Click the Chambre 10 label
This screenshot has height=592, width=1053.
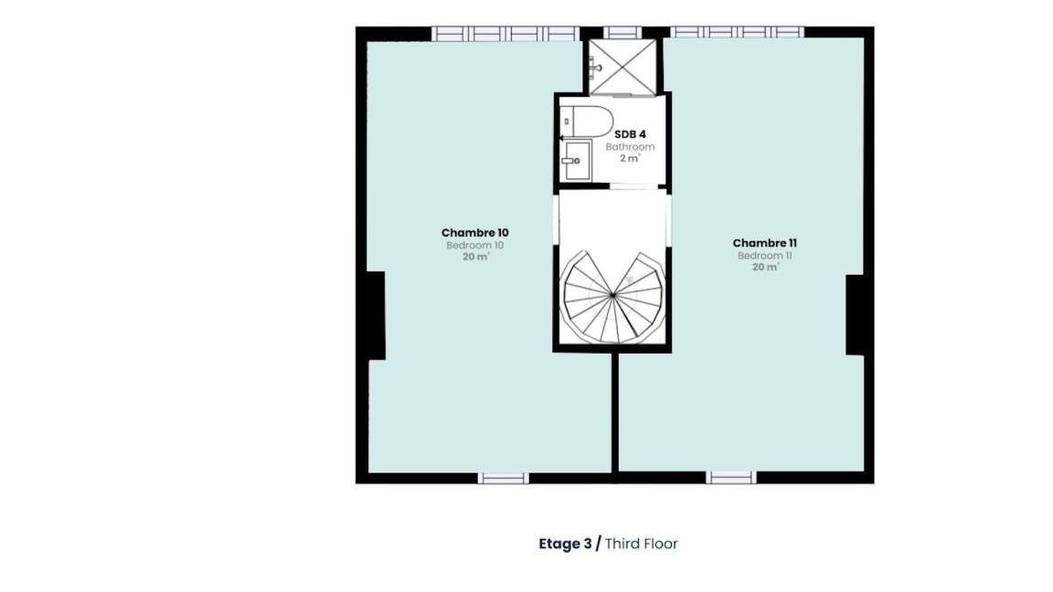[x=474, y=233]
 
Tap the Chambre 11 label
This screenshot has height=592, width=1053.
[x=764, y=243]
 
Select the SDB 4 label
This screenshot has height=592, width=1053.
[x=630, y=134]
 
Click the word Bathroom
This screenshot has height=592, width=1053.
[x=630, y=147]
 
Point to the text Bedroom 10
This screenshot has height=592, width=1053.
[x=474, y=246]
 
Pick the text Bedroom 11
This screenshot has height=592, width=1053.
[x=764, y=256]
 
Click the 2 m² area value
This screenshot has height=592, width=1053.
[x=630, y=158]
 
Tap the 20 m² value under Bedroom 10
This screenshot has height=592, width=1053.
[x=475, y=257]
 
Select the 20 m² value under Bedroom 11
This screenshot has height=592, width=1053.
[x=765, y=267]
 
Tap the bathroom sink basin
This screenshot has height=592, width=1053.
[x=576, y=161]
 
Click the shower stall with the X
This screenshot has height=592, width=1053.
[x=622, y=67]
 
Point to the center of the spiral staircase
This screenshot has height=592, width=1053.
[x=612, y=295]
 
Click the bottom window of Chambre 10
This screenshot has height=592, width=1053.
[x=503, y=478]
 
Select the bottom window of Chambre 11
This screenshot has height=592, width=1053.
[x=730, y=477]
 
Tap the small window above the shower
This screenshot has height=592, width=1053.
[x=622, y=32]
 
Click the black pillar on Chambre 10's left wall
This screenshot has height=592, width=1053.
[x=376, y=315]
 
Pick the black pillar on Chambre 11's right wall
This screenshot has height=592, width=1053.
[x=855, y=315]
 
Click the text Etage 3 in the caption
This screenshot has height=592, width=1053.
[x=566, y=544]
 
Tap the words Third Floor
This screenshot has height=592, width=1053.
[x=642, y=544]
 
